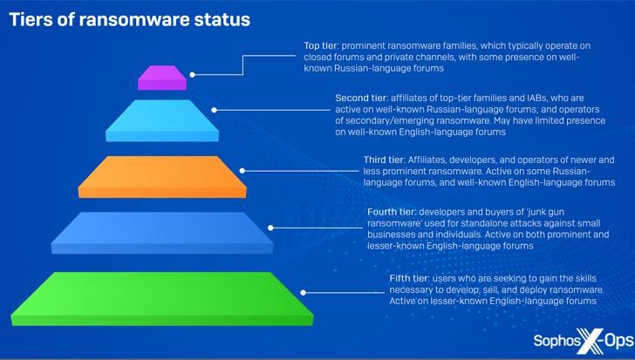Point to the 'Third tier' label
click(x=384, y=160)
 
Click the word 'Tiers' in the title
click(x=31, y=20)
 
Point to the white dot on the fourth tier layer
click(x=271, y=228)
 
